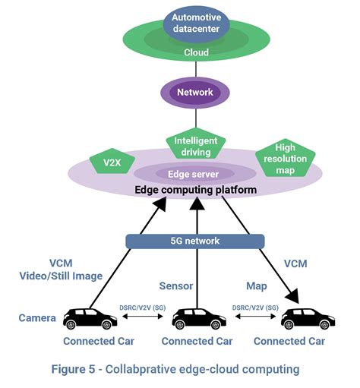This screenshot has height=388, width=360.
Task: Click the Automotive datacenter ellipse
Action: pyautogui.click(x=197, y=23)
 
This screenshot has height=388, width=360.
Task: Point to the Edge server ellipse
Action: pyautogui.click(x=197, y=173)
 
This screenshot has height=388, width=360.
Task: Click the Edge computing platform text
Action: pyautogui.click(x=197, y=190)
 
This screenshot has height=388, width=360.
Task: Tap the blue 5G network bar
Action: pyautogui.click(x=196, y=241)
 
